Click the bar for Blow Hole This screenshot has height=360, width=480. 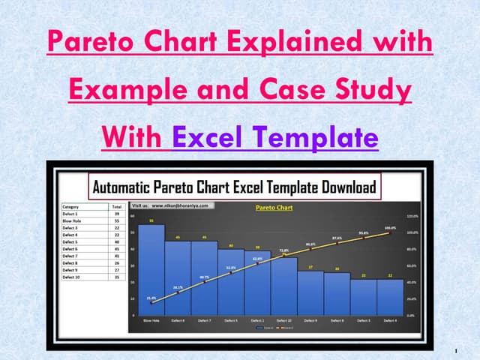[x=151, y=270]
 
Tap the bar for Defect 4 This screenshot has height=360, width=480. [x=391, y=296]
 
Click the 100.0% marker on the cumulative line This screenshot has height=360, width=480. [x=390, y=232]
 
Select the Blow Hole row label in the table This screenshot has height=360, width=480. [x=73, y=220]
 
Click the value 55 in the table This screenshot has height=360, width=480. [x=116, y=220]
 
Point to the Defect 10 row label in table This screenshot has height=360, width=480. [x=73, y=277]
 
